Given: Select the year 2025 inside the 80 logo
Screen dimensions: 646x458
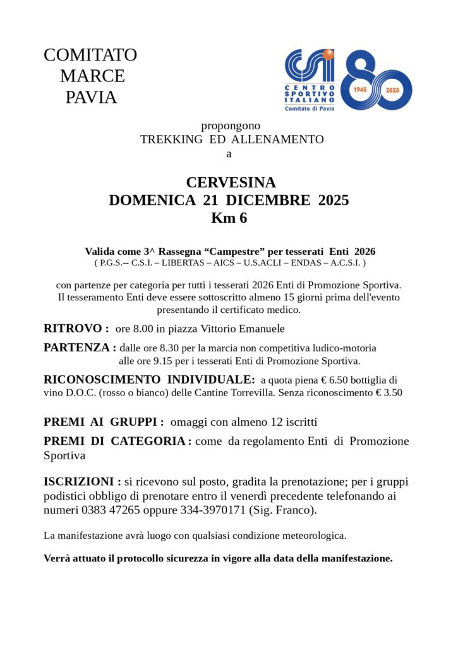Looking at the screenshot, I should [x=394, y=90].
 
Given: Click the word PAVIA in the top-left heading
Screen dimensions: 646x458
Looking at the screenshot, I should [x=91, y=98].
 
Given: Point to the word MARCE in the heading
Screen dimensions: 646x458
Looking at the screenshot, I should [x=92, y=76].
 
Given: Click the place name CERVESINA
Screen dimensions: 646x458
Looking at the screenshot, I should [x=231, y=182].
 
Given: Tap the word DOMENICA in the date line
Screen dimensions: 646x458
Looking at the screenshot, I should [x=152, y=201].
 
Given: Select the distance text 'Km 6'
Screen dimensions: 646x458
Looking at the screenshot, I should [x=229, y=219].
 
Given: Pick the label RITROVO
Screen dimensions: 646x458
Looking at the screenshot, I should [x=73, y=328].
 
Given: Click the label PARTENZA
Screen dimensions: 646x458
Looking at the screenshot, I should [x=76, y=347].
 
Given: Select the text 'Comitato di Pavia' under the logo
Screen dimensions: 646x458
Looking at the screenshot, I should [x=310, y=109].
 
